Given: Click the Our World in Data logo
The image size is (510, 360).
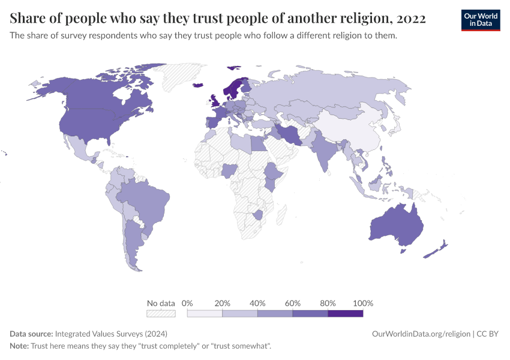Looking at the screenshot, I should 480,20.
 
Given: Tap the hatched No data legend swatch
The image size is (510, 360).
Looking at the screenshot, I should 161,313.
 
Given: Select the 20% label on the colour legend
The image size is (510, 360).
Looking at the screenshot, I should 223,303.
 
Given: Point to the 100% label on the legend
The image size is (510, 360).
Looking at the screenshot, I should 363,303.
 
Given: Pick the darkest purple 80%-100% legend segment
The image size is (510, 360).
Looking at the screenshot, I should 346,313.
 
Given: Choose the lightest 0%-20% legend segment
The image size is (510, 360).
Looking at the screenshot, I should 205,313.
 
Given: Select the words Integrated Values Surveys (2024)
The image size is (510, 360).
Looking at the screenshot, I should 111,334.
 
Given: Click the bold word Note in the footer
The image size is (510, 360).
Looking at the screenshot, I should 20,346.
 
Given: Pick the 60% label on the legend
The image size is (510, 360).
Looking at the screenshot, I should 293,303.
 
